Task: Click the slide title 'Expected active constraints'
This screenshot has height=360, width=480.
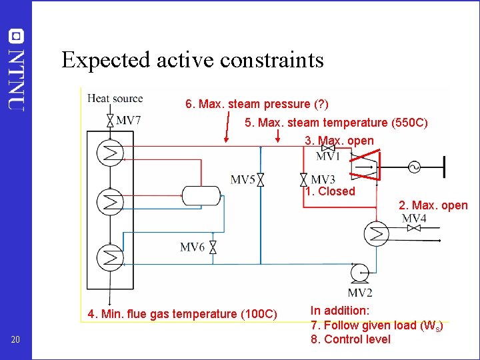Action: [x=192, y=60]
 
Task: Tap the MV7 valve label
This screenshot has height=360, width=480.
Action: [x=128, y=121]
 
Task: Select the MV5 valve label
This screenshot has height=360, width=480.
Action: [x=243, y=179]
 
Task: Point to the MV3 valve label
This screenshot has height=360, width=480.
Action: [x=323, y=179]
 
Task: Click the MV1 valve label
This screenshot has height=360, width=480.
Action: [x=328, y=157]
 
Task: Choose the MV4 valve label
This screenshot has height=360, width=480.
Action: [x=414, y=219]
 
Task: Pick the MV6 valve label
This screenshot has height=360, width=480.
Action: [x=192, y=247]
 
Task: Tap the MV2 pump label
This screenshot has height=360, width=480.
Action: [x=360, y=293]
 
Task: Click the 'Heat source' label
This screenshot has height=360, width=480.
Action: [x=115, y=99]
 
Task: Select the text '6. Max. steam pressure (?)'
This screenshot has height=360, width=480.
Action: [x=257, y=104]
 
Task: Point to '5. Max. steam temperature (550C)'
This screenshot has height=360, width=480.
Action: [x=336, y=123]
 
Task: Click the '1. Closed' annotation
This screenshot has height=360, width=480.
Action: [x=330, y=191]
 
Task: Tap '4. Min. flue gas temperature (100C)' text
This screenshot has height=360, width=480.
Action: [x=182, y=313]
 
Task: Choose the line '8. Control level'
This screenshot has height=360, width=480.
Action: [x=351, y=339]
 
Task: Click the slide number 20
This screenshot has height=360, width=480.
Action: [x=16, y=341]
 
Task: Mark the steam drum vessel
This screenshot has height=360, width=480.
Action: [x=201, y=195]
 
